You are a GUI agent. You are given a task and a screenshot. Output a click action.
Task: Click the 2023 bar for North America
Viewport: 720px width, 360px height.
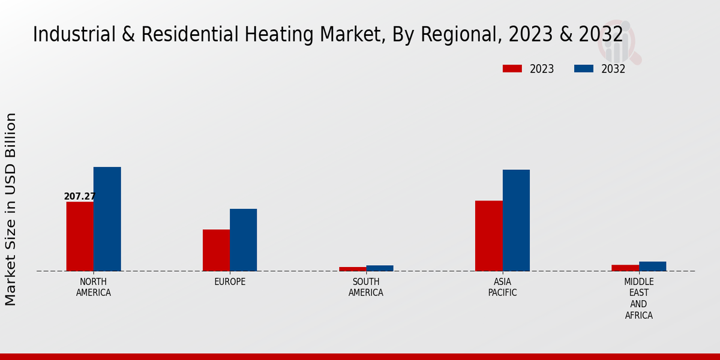[x=80, y=236]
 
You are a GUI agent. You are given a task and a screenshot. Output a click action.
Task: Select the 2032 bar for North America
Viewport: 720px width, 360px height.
[x=107, y=219]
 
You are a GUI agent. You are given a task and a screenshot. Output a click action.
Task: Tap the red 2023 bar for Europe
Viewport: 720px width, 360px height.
[x=216, y=250]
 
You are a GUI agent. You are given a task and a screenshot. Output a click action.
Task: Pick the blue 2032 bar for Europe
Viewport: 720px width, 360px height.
[x=243, y=240]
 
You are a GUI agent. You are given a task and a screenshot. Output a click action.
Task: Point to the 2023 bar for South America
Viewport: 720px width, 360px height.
[x=352, y=269]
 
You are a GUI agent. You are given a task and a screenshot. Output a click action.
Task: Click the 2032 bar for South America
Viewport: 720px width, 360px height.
[x=380, y=268]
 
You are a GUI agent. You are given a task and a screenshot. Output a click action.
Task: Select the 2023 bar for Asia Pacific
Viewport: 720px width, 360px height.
[x=488, y=236]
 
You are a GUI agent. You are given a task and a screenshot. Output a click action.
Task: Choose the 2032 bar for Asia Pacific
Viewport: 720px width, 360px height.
[x=516, y=220]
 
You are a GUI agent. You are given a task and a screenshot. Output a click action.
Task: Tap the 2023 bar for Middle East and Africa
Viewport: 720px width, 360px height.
[x=625, y=268]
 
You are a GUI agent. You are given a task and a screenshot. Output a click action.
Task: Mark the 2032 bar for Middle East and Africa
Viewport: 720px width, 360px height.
[x=652, y=266]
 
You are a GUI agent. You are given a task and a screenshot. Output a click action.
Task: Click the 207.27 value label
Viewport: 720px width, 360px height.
[x=80, y=196]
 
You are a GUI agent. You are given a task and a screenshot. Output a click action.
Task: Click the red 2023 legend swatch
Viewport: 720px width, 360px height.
[x=512, y=68]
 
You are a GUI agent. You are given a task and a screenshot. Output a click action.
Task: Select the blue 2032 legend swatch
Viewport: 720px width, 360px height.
[x=584, y=68]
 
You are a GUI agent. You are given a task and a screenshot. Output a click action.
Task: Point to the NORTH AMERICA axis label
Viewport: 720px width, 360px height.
[x=94, y=287]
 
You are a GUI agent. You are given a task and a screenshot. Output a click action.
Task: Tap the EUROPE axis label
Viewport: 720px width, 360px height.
[x=230, y=282]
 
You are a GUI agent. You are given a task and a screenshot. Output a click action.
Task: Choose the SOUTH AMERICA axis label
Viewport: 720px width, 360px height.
[x=366, y=287]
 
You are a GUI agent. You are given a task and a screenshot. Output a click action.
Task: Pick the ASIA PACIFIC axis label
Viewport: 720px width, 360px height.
[x=502, y=287]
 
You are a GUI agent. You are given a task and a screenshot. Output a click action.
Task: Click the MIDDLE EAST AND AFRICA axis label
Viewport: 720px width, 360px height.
[x=639, y=298]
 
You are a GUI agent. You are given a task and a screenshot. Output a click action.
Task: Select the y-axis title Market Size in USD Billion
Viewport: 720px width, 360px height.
[x=11, y=209]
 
